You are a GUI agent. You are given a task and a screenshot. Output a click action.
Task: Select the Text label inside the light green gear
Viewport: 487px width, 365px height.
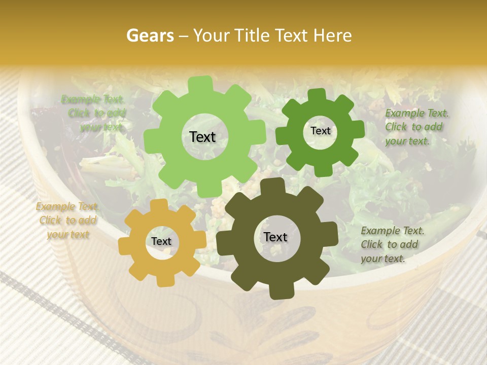202,137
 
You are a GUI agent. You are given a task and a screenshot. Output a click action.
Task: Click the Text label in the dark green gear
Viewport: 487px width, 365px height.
320,131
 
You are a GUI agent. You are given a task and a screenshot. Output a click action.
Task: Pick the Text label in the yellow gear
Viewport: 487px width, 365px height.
161,241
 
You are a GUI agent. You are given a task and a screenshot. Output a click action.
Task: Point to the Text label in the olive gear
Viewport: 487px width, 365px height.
275,237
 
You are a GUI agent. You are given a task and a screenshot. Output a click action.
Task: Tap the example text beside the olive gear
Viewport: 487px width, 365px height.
392,244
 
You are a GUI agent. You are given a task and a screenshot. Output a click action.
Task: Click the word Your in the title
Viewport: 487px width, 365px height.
212,35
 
